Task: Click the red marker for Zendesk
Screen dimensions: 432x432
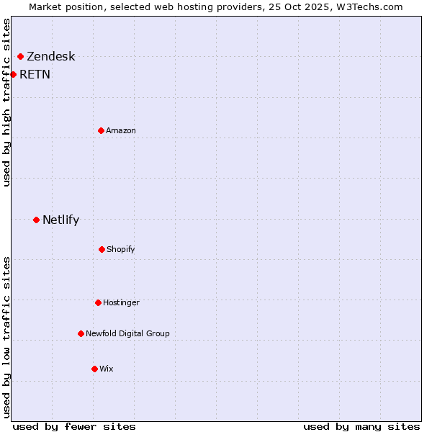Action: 21,56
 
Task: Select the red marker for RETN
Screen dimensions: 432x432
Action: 13,74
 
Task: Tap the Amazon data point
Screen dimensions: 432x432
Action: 102,130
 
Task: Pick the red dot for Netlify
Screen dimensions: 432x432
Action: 36,220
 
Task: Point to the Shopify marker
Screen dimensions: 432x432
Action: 102,249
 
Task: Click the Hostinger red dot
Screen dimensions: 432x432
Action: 98,302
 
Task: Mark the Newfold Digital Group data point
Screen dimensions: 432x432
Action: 81,333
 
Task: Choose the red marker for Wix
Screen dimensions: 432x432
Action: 94,369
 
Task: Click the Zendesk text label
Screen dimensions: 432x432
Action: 50,57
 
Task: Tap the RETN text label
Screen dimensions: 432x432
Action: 35,74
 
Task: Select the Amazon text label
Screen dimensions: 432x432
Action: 121,130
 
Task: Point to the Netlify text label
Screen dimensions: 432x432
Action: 60,220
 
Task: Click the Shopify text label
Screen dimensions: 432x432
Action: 121,249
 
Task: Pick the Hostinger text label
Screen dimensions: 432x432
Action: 121,302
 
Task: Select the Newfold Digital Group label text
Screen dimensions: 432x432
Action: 127,333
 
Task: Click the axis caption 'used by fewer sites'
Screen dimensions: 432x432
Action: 74,426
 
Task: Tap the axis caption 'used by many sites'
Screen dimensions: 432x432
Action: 361,426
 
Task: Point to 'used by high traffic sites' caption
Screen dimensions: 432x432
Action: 7,102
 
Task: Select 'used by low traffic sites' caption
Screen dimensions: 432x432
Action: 7,337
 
